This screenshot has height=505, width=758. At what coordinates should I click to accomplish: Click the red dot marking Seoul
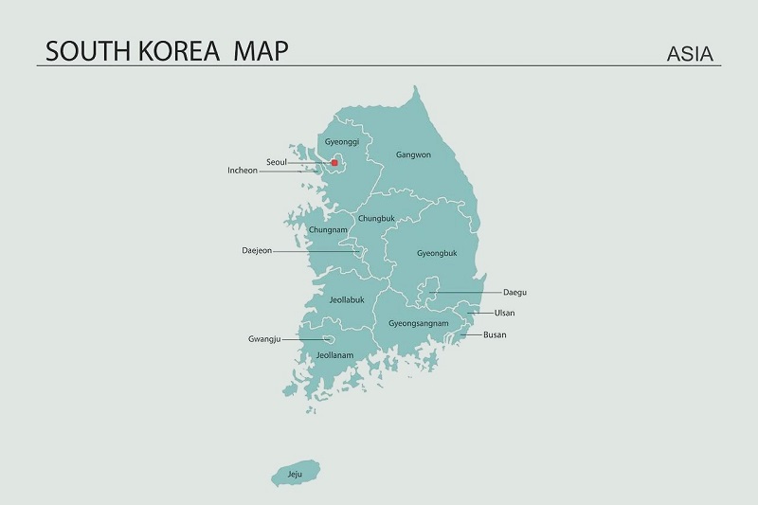[334, 163]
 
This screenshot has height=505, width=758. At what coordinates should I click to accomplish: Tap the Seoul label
[277, 162]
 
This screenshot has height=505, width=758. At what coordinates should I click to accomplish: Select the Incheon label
[243, 171]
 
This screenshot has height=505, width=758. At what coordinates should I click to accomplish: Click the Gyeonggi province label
[342, 142]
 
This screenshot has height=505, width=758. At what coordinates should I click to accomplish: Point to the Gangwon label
[413, 154]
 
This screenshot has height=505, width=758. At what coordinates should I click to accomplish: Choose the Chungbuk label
[376, 219]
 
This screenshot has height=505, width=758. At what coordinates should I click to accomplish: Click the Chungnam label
[328, 229]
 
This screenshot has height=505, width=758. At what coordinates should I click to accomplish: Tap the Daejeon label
[257, 251]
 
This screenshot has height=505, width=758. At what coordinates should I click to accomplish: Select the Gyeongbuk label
[437, 253]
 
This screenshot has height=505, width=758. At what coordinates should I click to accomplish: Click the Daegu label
[514, 293]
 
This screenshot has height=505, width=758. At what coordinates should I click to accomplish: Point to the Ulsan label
[505, 313]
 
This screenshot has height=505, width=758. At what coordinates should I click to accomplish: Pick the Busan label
[495, 334]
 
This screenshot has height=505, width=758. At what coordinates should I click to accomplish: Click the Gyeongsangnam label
[419, 323]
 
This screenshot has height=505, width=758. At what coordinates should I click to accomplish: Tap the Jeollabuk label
[347, 299]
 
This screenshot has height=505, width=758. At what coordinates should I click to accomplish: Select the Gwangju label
[265, 338]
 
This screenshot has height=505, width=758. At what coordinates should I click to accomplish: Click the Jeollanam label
[334, 355]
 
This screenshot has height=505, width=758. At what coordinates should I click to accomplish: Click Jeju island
[297, 472]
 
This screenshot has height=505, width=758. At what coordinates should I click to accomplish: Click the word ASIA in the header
[690, 53]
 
